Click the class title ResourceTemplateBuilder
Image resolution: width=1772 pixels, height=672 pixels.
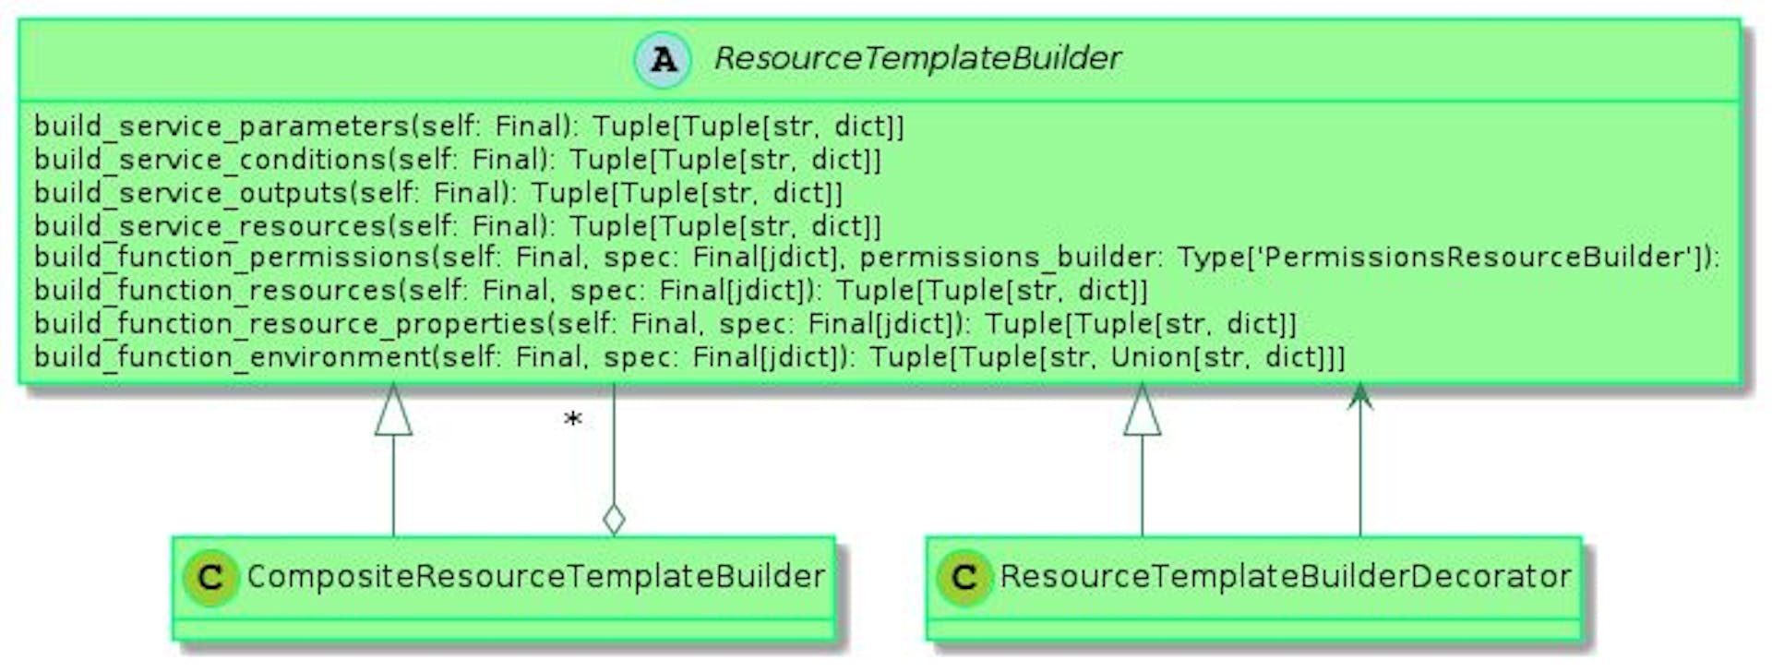click(917, 58)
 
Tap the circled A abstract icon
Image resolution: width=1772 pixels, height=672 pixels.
click(663, 60)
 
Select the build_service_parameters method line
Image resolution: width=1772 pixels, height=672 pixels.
click(469, 126)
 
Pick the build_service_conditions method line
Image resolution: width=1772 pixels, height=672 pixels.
click(457, 160)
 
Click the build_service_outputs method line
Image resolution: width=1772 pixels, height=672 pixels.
click(438, 193)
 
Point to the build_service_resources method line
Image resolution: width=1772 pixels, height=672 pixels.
click(457, 226)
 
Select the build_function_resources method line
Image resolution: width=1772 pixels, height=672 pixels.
click(591, 291)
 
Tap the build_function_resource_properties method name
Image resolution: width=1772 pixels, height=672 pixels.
click(290, 324)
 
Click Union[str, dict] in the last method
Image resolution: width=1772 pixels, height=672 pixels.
click(1218, 357)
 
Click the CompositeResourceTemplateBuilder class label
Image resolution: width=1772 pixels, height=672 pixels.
click(535, 577)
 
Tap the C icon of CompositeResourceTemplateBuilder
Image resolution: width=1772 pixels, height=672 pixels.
click(210, 579)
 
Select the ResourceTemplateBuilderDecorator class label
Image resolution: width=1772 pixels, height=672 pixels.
click(1285, 577)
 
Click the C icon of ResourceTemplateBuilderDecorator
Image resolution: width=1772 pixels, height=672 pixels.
click(964, 579)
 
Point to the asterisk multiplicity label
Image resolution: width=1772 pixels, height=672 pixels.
click(573, 421)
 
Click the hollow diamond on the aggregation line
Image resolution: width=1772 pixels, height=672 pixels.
click(614, 520)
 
